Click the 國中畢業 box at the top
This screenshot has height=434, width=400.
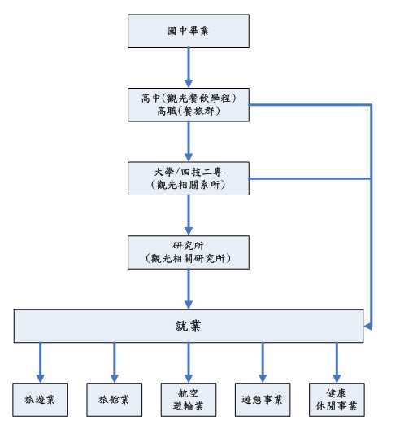pos(189,30)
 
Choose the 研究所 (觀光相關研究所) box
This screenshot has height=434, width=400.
pos(189,252)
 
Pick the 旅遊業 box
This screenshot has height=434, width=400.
pos(40,399)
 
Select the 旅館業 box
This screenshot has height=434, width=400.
pos(114,399)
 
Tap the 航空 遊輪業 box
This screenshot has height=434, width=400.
pos(189,399)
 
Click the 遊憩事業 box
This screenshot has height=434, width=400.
pos(262,399)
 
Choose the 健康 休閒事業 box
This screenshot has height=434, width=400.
pos(337,399)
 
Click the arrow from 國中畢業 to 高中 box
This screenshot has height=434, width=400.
pos(189,68)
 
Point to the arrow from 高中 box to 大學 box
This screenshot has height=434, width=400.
pos(189,142)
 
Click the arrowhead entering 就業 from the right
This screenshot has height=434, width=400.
pos(368,327)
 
